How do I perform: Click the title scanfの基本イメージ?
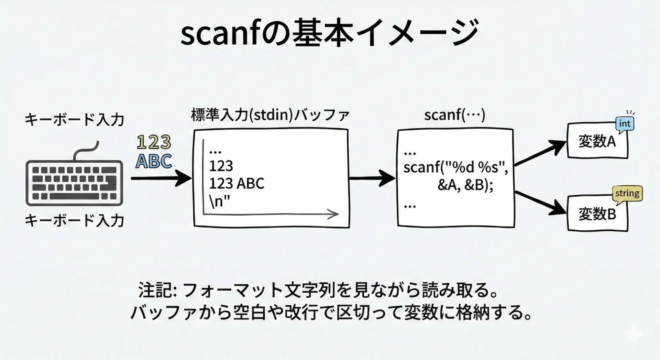coord(329,33)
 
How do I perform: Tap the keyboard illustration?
coord(74,182)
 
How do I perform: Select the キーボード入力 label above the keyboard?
coord(74,120)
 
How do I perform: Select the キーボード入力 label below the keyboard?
coord(74,220)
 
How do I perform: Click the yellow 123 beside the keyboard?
coord(154,142)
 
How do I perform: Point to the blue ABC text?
coord(154,161)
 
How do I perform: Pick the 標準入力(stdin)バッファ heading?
coord(270,115)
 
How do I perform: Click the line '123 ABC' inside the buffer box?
coord(236,184)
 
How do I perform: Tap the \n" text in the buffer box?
coord(219,201)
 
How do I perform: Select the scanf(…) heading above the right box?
coord(454,115)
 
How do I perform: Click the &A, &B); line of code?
coord(465,185)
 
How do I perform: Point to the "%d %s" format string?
coord(474,167)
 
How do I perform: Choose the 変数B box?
coord(597,214)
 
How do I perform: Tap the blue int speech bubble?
coord(625,124)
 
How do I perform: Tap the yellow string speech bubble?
coord(627,194)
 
